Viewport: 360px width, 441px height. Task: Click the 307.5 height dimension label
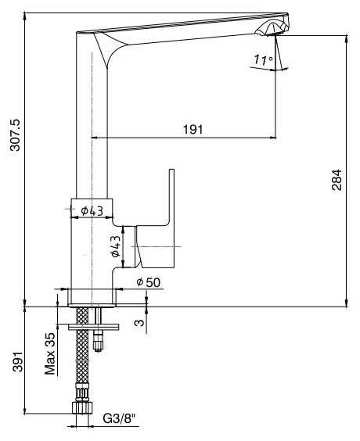pos(15,135)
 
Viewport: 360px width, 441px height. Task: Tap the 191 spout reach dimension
pos(193,130)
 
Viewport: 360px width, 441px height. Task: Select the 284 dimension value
pos(337,180)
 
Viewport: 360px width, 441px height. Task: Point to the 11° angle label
pos(264,59)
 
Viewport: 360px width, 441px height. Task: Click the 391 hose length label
pos(17,361)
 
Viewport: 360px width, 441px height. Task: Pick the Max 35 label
pos(50,353)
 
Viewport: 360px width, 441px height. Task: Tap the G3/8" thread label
pos(119,419)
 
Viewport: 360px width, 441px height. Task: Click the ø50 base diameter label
pos(149,282)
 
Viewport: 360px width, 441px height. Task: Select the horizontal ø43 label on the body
pos(92,210)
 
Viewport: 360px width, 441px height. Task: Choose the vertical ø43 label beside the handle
pos(116,246)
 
